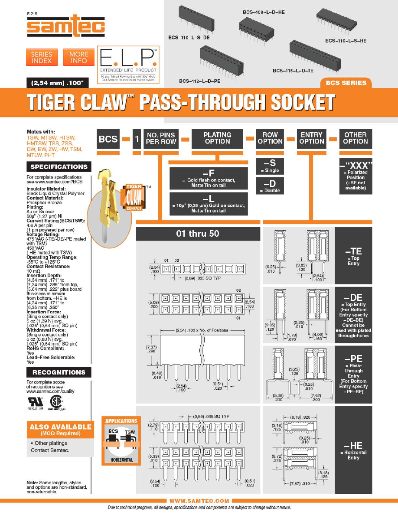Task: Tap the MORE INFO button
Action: (x=78, y=58)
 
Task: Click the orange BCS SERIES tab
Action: (x=346, y=83)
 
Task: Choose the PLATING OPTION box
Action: (x=217, y=138)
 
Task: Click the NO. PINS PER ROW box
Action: (x=161, y=138)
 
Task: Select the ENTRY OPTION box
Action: (x=312, y=138)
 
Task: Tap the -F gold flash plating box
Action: (x=208, y=178)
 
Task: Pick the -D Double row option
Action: (x=270, y=186)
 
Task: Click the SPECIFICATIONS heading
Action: (x=59, y=167)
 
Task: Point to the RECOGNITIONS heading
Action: (x=59, y=372)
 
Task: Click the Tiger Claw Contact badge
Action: (x=132, y=198)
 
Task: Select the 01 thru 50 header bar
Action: (x=198, y=234)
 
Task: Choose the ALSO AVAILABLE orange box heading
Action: (x=60, y=429)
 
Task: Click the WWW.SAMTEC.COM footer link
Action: (x=199, y=501)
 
